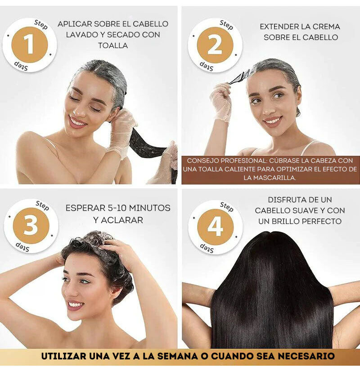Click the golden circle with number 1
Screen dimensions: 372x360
pos(29,45)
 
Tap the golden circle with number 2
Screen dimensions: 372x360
pos(215,45)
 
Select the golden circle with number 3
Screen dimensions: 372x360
pos(31,226)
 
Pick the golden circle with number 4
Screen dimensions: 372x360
pos(215,226)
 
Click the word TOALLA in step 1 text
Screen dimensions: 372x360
pos(113,45)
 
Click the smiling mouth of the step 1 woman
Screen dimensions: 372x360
pos(78,122)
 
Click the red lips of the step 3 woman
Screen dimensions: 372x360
pos(75,305)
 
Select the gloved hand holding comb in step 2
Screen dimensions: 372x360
pos(221,101)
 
